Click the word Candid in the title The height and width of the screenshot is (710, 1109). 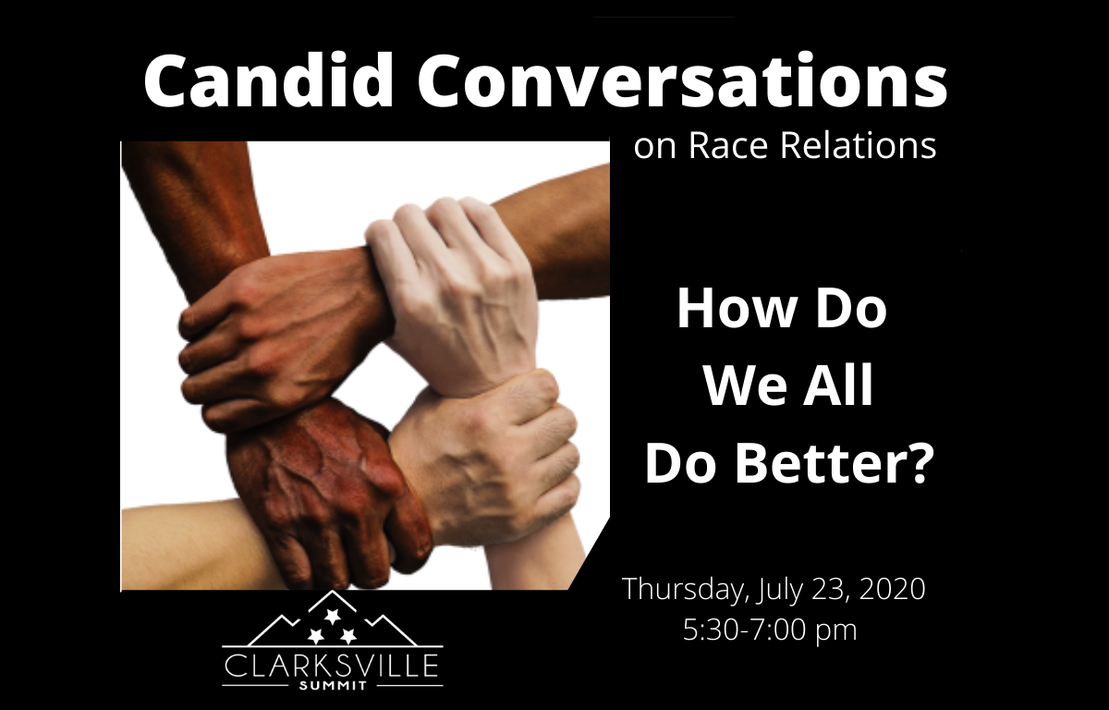(x=268, y=80)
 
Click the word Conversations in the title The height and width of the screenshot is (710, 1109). (x=682, y=80)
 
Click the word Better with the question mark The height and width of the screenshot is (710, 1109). (x=832, y=463)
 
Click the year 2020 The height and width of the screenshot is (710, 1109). (x=892, y=589)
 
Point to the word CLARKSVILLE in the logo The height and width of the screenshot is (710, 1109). (x=331, y=666)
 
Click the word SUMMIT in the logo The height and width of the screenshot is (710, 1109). (x=332, y=686)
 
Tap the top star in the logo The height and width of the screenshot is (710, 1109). (x=331, y=616)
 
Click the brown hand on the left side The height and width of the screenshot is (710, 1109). (x=277, y=337)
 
